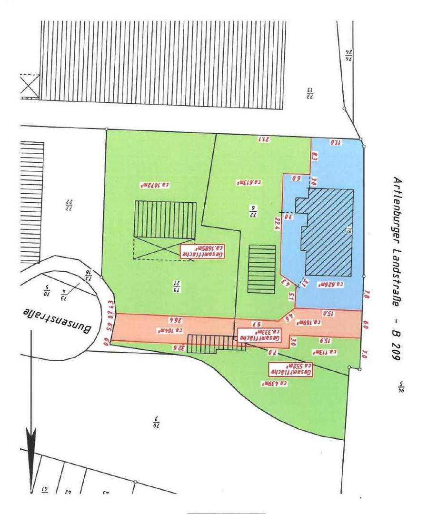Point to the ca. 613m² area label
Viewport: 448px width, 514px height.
point(249,182)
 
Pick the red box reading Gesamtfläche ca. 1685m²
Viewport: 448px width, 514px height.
point(202,251)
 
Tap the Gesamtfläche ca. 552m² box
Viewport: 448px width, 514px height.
point(291,370)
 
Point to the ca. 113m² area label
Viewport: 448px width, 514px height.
point(325,352)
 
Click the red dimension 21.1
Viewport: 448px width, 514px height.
point(264,139)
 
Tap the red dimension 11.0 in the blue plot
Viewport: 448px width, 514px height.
point(337,142)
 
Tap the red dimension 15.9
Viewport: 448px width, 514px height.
point(323,340)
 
